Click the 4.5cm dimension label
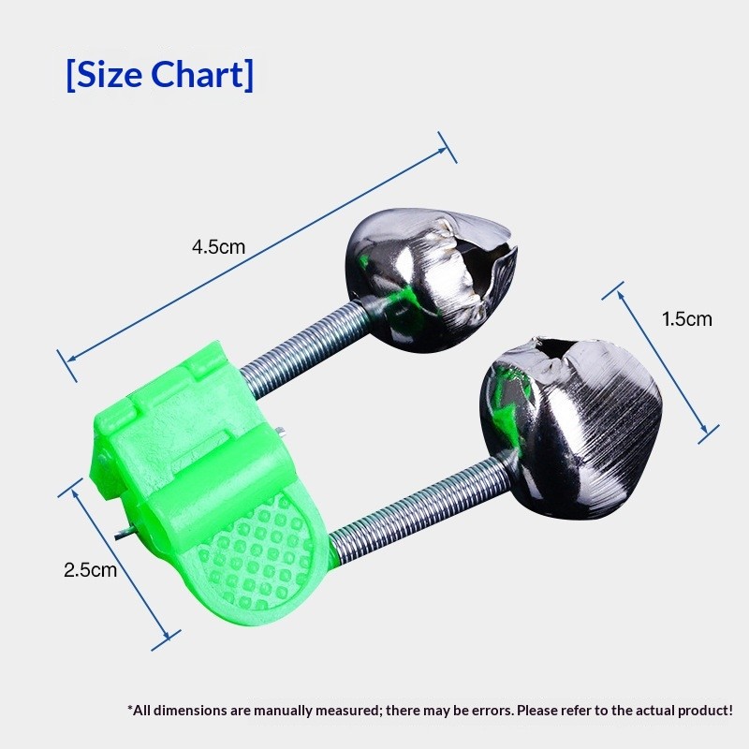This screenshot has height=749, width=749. tap(218, 247)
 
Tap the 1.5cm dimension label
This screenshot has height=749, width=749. tap(686, 319)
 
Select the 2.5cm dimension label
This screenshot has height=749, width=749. tap(90, 570)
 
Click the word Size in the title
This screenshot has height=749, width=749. tap(110, 75)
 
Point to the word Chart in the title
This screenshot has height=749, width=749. tap(198, 75)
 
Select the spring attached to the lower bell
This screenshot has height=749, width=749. tap(419, 507)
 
